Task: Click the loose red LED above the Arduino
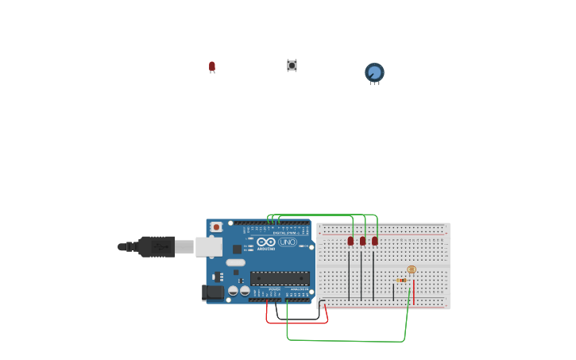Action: click(x=212, y=67)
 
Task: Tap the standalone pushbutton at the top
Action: click(x=292, y=65)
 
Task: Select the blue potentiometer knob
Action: click(x=374, y=72)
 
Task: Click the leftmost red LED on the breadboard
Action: click(x=350, y=241)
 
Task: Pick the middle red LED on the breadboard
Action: click(x=362, y=241)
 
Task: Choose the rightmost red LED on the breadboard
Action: click(x=374, y=241)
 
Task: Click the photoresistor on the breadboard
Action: click(x=412, y=270)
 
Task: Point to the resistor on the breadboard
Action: click(x=402, y=280)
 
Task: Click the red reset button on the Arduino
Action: click(x=216, y=227)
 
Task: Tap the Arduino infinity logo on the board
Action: click(x=266, y=242)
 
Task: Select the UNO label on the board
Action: click(x=287, y=242)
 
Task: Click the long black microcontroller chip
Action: click(x=280, y=278)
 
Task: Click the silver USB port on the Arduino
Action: click(x=209, y=247)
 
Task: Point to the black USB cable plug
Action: click(x=157, y=246)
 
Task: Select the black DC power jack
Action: click(x=213, y=292)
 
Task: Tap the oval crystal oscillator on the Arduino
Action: click(x=236, y=262)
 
